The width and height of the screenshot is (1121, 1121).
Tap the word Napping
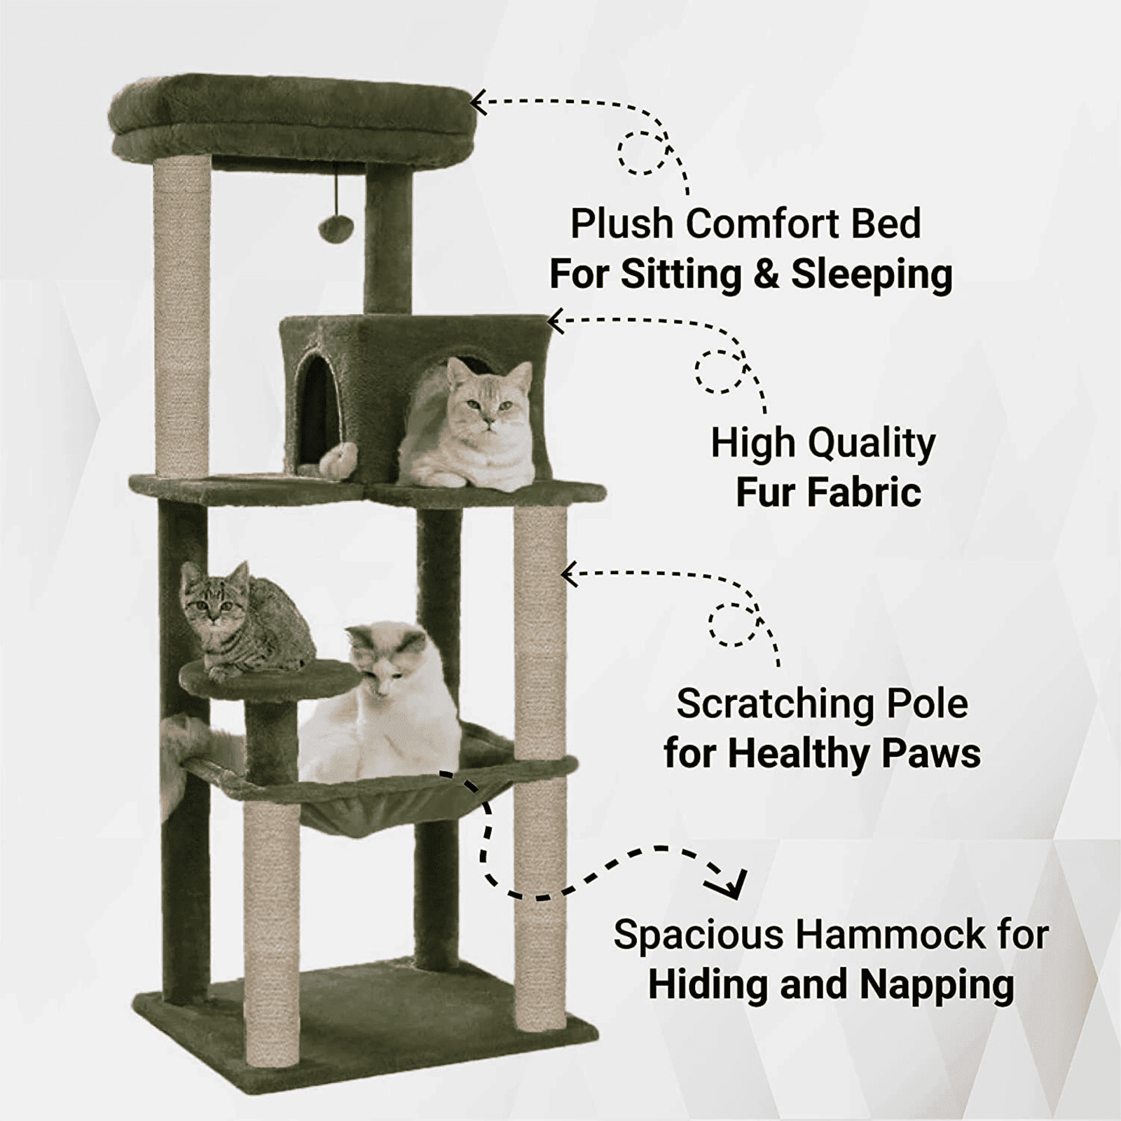pos(937,986)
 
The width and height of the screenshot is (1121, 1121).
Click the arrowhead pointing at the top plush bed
pos(478,103)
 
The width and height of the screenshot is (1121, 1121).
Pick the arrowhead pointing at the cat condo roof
pos(554,322)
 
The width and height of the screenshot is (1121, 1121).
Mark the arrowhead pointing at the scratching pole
pos(569,574)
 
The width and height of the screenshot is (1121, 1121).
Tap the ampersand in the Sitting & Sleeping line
pos(766,274)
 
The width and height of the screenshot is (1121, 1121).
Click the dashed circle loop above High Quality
pos(717,371)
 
